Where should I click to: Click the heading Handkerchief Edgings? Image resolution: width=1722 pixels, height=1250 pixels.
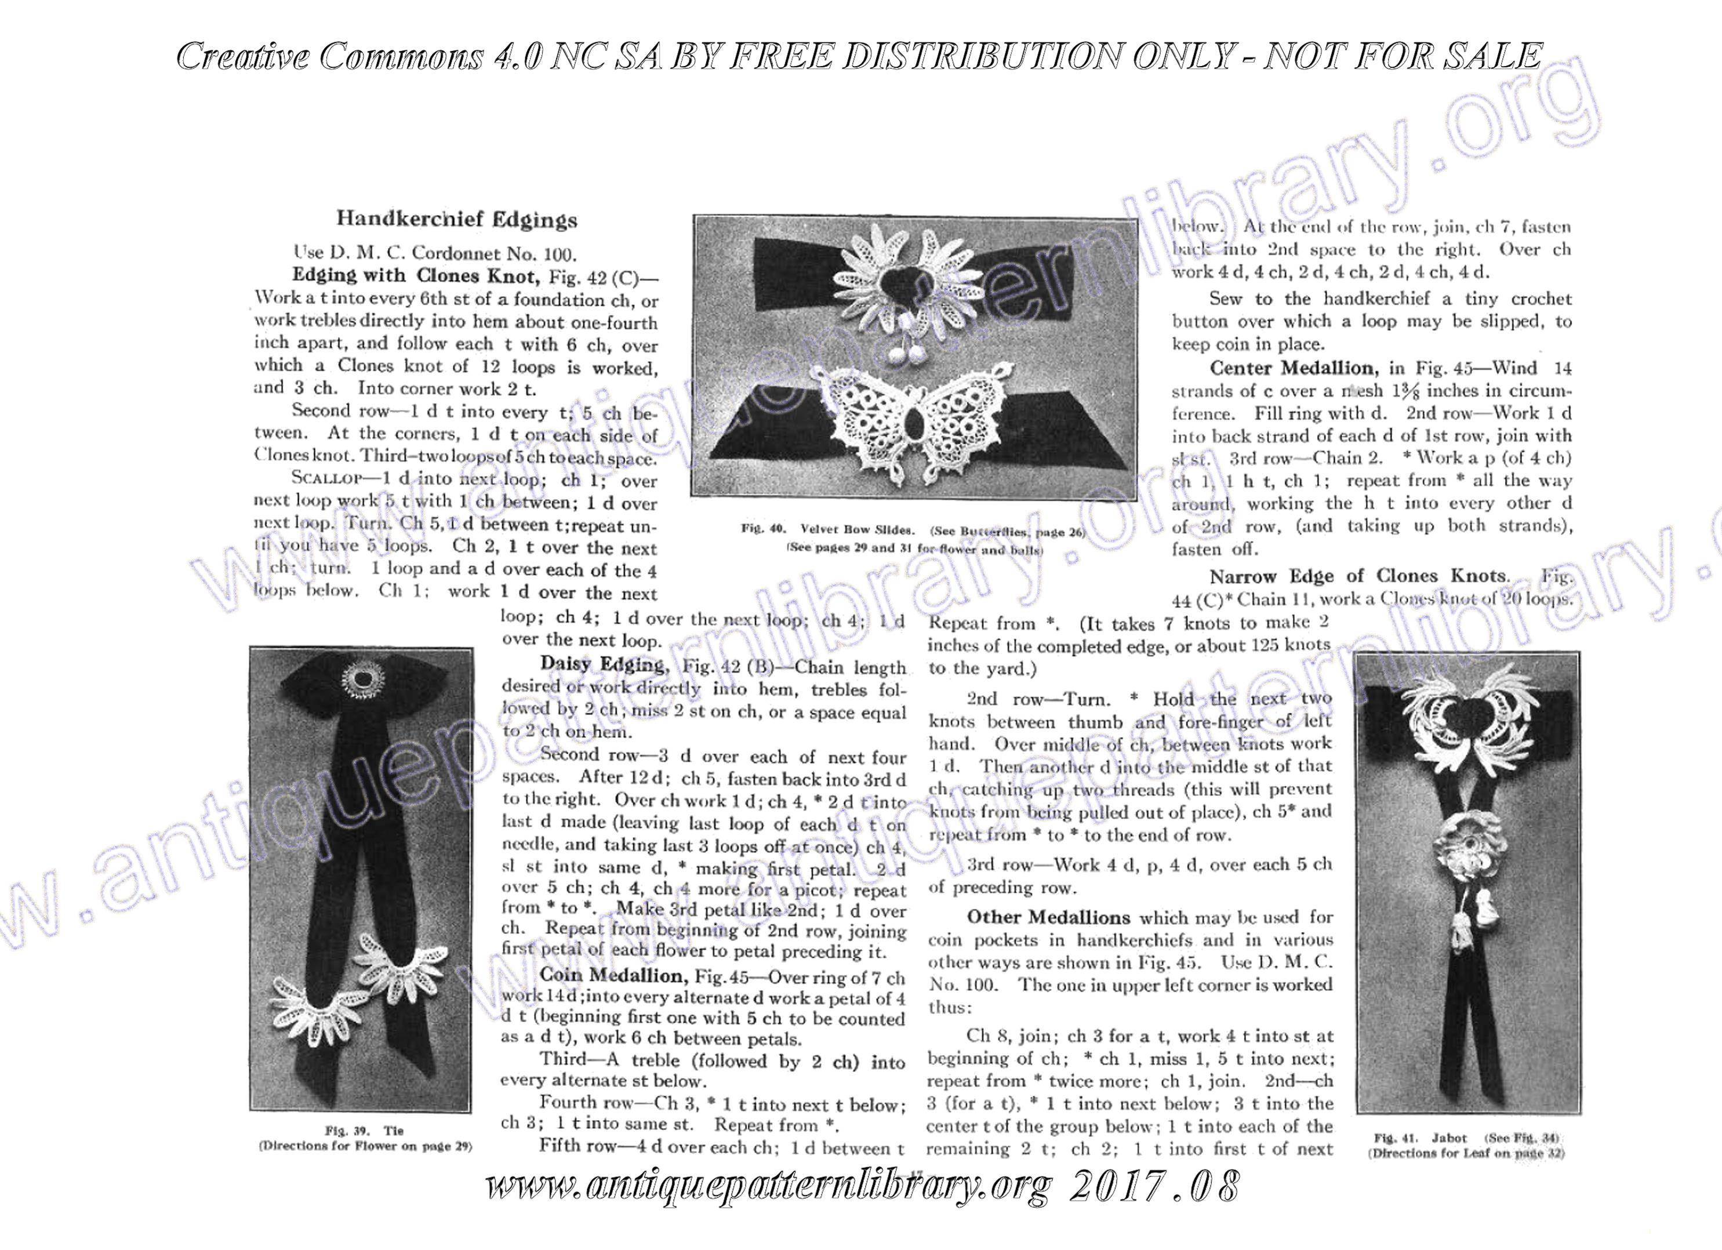456,220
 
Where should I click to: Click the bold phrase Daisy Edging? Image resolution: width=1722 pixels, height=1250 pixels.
602,664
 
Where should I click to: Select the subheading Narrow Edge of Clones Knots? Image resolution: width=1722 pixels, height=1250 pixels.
1358,576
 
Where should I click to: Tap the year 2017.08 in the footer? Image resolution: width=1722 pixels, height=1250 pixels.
1154,1186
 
